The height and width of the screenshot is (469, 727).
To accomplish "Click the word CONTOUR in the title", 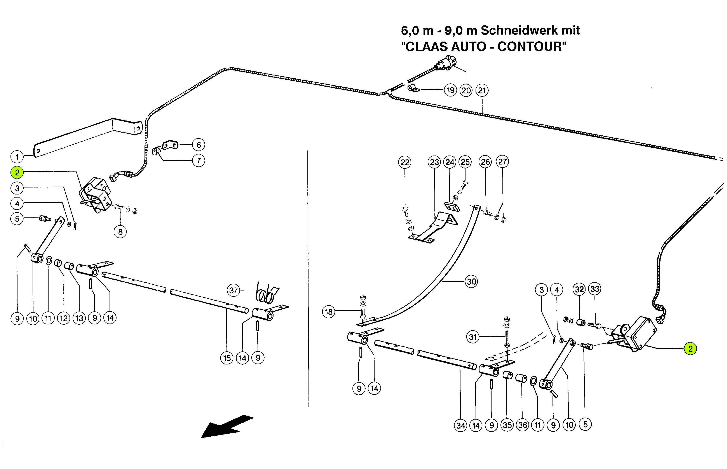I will [x=532, y=47].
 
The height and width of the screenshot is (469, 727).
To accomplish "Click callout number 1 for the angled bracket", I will [x=17, y=157].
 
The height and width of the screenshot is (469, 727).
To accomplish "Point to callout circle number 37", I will [x=234, y=290].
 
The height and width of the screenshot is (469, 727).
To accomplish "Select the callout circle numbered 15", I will [x=227, y=358].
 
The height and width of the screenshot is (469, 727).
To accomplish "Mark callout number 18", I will [x=329, y=312].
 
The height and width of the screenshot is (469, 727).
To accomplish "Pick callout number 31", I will [x=472, y=337].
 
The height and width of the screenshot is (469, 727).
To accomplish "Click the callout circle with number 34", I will [x=461, y=425].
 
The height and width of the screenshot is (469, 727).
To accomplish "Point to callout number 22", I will [x=405, y=162].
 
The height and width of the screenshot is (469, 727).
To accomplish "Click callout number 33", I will [x=595, y=289].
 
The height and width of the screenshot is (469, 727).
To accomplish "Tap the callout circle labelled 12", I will [x=64, y=318].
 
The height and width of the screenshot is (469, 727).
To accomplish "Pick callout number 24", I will [x=450, y=162].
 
